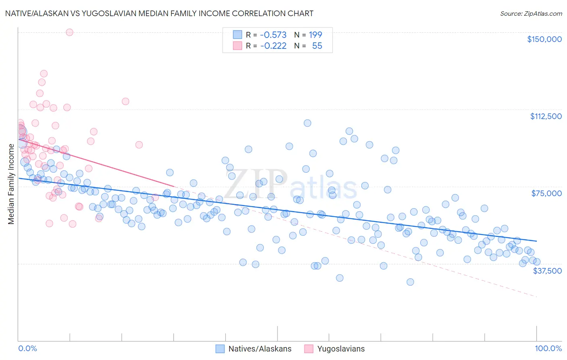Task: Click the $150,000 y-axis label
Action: [x=544, y=39]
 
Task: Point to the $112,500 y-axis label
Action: [x=546, y=116]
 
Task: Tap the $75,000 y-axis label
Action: [x=546, y=193]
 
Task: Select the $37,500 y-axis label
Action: [x=547, y=271]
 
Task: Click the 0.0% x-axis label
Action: [x=28, y=349]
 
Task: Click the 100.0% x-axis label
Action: [x=548, y=349]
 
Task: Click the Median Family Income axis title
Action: [x=11, y=184]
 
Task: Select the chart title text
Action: [x=159, y=13]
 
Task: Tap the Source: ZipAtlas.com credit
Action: [x=531, y=14]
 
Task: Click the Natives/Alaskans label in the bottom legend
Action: [x=260, y=349]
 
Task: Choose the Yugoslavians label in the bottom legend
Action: [x=341, y=349]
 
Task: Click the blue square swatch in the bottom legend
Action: [x=220, y=349]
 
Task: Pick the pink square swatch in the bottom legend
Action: [x=309, y=349]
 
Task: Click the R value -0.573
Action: [x=273, y=35]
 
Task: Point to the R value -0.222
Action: [x=273, y=46]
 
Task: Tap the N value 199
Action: [x=315, y=35]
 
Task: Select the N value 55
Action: [x=317, y=46]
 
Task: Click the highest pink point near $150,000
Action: [x=69, y=32]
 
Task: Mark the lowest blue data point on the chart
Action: [x=410, y=282]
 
